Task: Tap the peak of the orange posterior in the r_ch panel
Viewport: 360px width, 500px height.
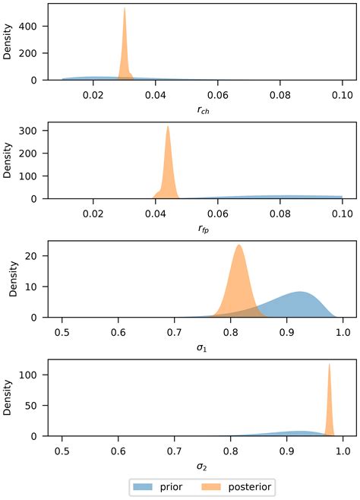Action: point(125,9)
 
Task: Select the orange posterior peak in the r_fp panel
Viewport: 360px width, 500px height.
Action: point(168,128)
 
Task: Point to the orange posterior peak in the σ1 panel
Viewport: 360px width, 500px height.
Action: point(239,245)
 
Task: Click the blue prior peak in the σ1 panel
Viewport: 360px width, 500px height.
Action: point(301,293)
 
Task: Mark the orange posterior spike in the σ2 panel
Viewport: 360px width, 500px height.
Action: point(330,365)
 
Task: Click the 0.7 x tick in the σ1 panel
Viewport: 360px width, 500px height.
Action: point(175,332)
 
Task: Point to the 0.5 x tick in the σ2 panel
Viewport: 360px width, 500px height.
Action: point(62,451)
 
